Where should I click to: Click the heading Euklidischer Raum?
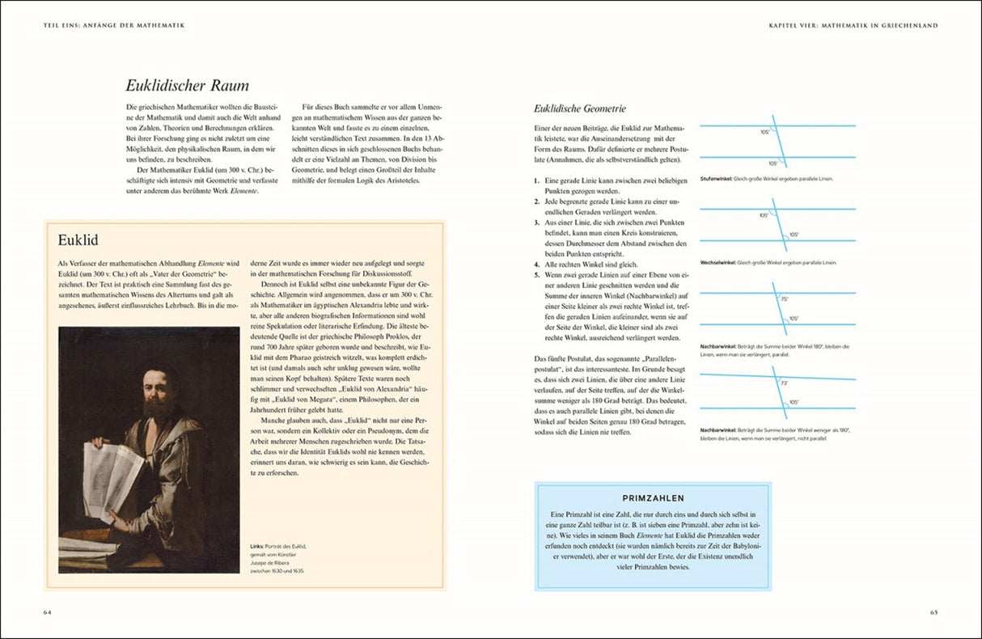coord(187,85)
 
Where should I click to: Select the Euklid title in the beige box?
coord(78,240)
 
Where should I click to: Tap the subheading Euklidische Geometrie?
coord(579,108)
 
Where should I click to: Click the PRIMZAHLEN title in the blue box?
coord(653,498)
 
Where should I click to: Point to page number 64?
coord(48,612)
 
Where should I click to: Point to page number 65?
coord(933,612)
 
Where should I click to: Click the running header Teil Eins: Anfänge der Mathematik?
coord(114,26)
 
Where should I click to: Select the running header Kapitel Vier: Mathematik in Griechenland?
coord(853,26)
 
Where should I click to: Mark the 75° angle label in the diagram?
coord(783,299)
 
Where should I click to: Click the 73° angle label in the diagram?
coord(783,383)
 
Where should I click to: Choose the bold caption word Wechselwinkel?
coord(717,263)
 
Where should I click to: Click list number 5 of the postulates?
coord(537,275)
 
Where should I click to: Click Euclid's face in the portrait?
coord(157,389)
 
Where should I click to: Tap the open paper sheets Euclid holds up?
coord(113,477)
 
